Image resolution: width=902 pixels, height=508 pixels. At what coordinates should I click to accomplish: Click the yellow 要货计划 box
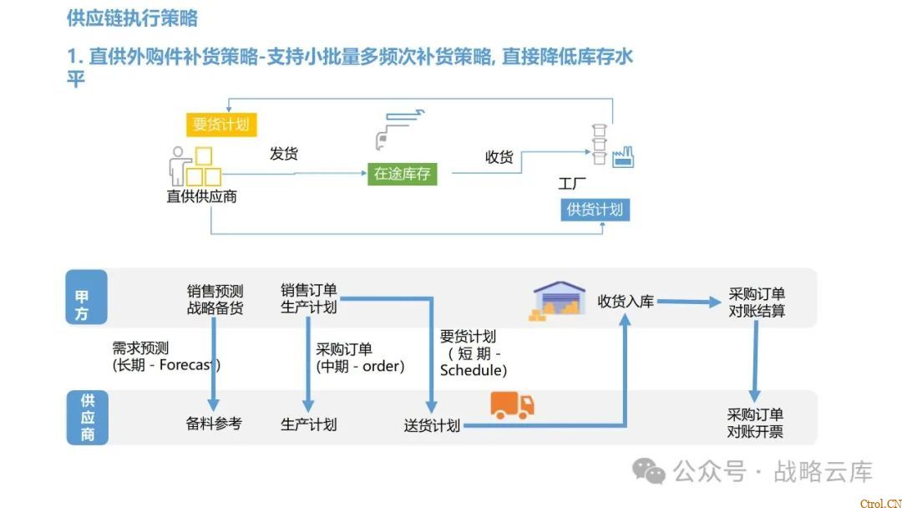pyautogui.click(x=221, y=124)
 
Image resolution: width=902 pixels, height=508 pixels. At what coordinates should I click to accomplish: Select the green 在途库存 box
pyautogui.click(x=402, y=174)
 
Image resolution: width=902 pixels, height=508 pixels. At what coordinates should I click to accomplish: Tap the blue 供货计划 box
pyautogui.click(x=595, y=210)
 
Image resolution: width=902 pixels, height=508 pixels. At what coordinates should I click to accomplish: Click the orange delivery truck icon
pyautogui.click(x=512, y=405)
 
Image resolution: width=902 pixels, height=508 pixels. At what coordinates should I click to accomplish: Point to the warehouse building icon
pyautogui.click(x=560, y=300)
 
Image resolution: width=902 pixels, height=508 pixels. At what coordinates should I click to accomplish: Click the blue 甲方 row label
pyautogui.click(x=87, y=297)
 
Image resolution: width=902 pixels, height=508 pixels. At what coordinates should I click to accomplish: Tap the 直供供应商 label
pyautogui.click(x=201, y=197)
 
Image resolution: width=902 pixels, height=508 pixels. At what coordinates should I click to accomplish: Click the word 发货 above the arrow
pyautogui.click(x=284, y=154)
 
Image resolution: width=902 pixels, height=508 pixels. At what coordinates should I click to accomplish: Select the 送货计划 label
pyautogui.click(x=432, y=425)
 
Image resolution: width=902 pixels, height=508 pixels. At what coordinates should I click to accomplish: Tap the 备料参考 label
pyautogui.click(x=214, y=424)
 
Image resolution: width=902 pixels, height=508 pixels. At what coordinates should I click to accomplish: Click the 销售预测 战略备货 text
pyautogui.click(x=215, y=300)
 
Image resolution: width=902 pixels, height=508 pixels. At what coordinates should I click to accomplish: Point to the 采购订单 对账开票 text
pyautogui.click(x=755, y=424)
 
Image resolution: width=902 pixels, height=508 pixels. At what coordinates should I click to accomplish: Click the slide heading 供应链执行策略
pyautogui.click(x=132, y=18)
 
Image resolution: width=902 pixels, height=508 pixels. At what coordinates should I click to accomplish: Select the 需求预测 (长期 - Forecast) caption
pyautogui.click(x=166, y=357)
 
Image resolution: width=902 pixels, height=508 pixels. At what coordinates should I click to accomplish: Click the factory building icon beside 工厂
pyautogui.click(x=623, y=156)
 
